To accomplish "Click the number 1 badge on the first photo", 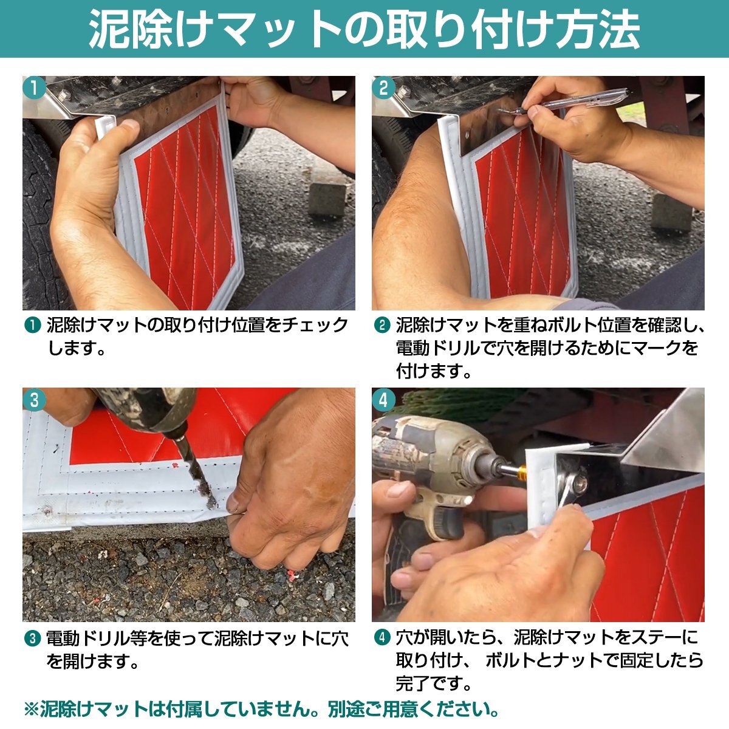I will pyautogui.click(x=34, y=88).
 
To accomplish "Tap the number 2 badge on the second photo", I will pyautogui.click(x=383, y=88).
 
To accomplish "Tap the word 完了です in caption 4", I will pyautogui.click(x=434, y=683).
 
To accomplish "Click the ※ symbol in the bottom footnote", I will pyautogui.click(x=30, y=709).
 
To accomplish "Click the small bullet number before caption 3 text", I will pyautogui.click(x=31, y=638).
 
